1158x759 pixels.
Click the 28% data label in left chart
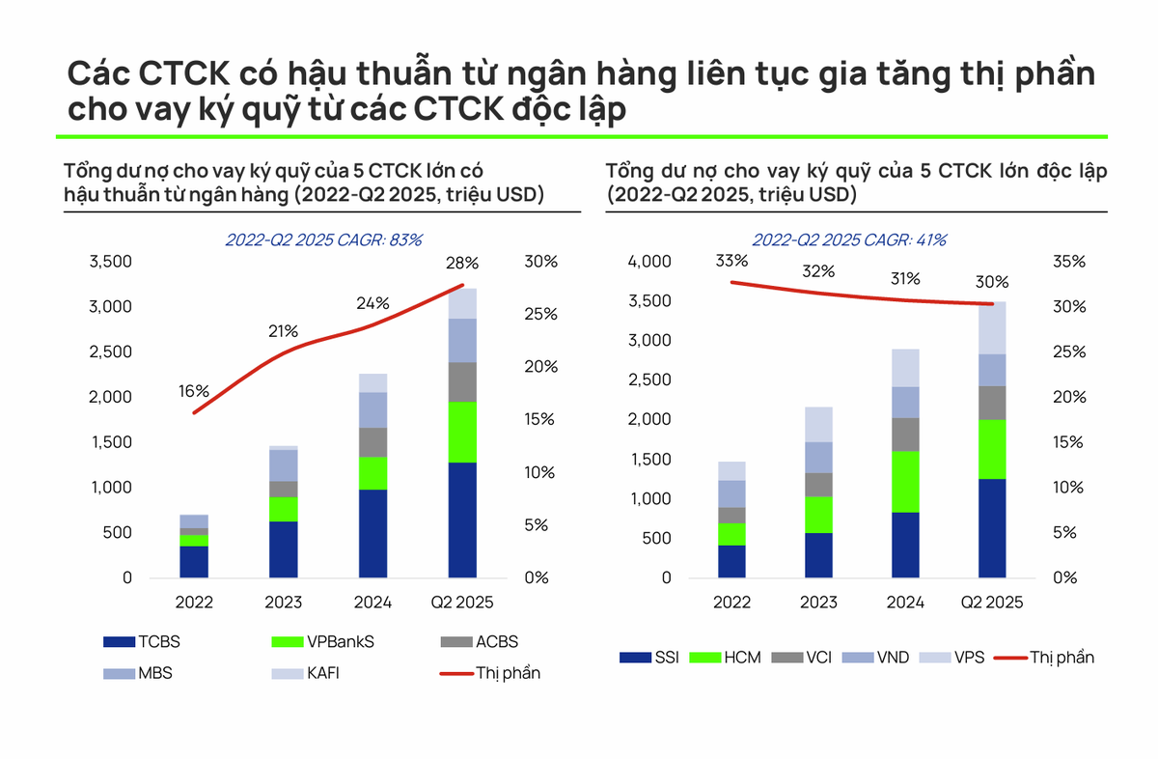tap(461, 264)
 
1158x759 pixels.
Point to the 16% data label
tap(193, 391)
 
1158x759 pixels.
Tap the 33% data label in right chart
tap(731, 261)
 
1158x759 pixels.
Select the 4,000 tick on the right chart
tap(648, 262)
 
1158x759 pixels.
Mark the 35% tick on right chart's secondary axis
tap(1068, 262)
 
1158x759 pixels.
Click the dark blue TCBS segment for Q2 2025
tap(462, 520)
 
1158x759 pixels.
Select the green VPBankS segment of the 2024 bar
tap(372, 473)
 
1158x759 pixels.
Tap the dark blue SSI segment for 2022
tap(731, 561)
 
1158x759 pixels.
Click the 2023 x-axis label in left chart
tap(283, 603)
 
